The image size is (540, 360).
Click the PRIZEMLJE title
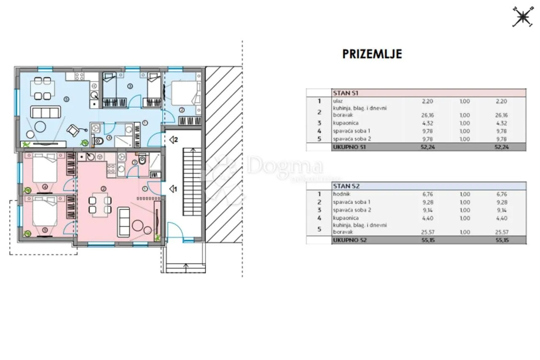[372, 54]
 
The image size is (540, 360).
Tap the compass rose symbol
[523, 16]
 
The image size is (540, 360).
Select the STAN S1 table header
[346, 93]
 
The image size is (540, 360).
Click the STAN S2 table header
[346, 186]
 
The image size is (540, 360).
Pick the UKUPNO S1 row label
[349, 147]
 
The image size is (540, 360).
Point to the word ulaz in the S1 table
[338, 101]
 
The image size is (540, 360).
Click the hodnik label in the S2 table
[342, 194]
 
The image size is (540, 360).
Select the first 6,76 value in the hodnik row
[428, 194]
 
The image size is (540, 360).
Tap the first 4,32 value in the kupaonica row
[428, 123]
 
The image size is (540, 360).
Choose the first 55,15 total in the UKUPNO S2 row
[428, 240]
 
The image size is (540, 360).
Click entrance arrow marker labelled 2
[173, 140]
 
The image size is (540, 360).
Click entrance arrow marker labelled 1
[173, 189]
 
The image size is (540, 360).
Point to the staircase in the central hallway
[192, 182]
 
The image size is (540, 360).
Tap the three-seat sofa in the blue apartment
[46, 112]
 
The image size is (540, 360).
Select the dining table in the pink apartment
[100, 205]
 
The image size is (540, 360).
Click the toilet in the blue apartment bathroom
[98, 141]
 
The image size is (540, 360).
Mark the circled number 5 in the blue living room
[67, 99]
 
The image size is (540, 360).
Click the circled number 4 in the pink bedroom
[45, 187]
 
